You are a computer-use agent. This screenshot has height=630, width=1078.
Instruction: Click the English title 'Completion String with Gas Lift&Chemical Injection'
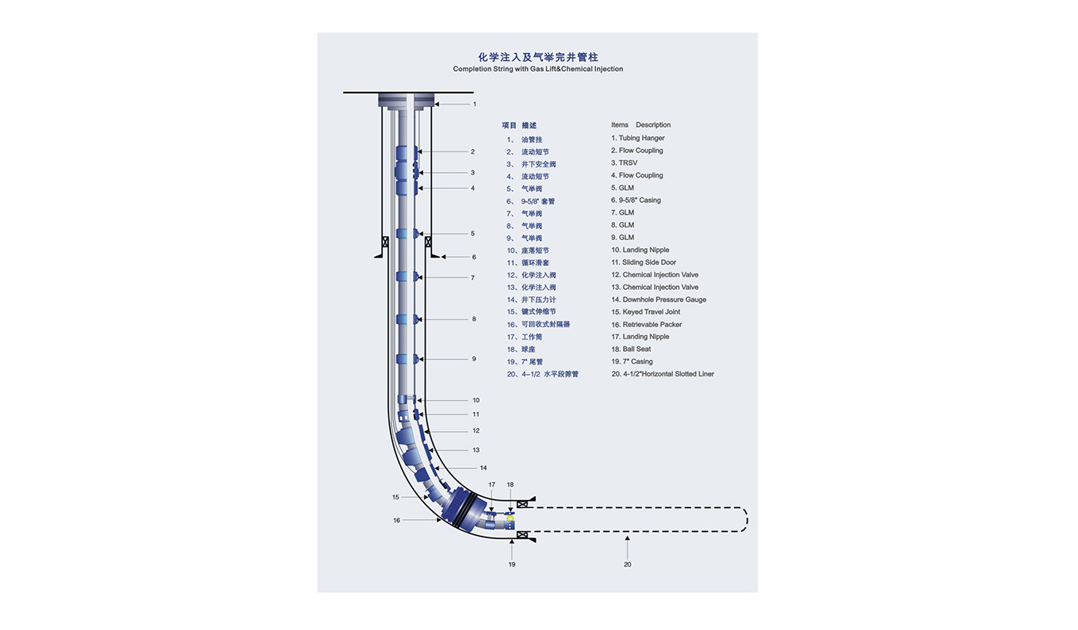click(537, 69)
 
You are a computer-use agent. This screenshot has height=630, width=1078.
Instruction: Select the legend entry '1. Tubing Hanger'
click(637, 138)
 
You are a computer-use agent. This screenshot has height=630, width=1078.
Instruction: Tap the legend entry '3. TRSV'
click(624, 162)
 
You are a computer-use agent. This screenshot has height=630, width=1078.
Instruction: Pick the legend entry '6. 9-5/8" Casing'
click(636, 200)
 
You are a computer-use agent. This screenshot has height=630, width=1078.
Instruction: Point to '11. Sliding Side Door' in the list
click(644, 262)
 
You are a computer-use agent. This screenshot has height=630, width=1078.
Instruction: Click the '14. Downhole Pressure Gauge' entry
click(659, 300)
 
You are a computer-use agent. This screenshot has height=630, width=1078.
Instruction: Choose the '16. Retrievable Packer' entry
click(646, 324)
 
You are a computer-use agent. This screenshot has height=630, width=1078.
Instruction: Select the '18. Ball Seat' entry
click(631, 349)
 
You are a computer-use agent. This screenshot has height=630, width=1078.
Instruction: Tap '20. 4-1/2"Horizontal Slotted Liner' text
click(662, 374)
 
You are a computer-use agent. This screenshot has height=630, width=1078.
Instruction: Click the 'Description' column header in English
click(653, 124)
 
